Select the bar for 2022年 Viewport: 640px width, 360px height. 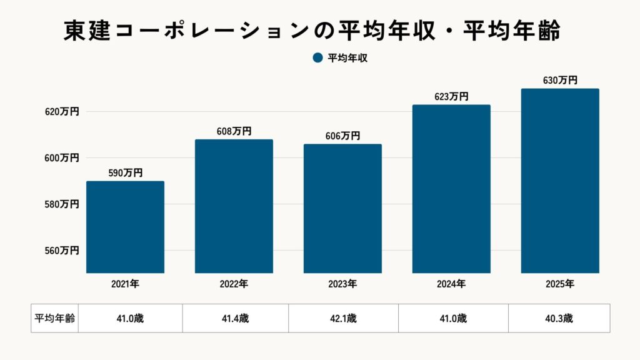click(x=234, y=206)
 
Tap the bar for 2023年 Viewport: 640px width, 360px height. click(x=342, y=209)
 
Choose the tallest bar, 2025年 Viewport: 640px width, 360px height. click(x=560, y=181)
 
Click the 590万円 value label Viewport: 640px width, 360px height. click(x=125, y=172)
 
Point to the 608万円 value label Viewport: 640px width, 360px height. click(x=234, y=131)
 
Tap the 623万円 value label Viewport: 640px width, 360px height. click(x=451, y=96)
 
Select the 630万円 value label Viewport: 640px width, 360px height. click(x=560, y=80)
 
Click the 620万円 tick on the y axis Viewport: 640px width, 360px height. click(x=61, y=112)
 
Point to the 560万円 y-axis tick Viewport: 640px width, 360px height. click(x=61, y=251)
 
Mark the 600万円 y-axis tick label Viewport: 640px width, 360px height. click(x=61, y=158)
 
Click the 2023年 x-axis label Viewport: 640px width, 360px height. click(x=342, y=284)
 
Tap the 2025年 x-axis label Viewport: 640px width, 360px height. click(x=560, y=284)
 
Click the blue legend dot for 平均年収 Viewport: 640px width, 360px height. click(x=317, y=58)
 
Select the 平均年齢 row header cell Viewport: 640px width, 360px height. click(x=54, y=318)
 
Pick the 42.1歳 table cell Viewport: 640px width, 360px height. click(x=343, y=318)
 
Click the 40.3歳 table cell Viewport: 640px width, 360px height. click(x=559, y=318)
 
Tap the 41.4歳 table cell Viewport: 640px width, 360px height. click(x=235, y=318)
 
